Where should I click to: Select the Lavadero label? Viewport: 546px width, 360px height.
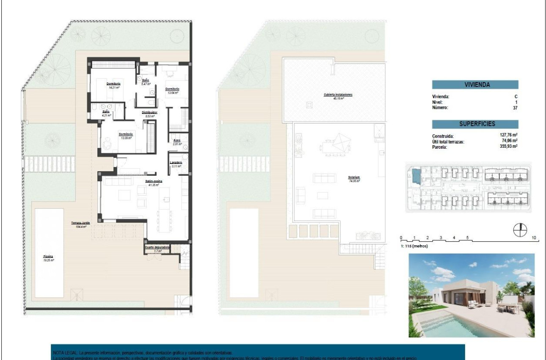tap(176, 163)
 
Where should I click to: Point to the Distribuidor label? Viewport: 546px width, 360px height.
tap(149, 112)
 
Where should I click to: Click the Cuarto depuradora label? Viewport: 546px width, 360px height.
tap(157, 247)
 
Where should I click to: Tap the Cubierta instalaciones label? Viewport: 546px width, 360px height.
tap(338, 94)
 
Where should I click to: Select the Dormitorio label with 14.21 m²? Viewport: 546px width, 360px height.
tap(114, 84)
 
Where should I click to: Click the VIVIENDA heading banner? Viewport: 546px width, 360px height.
tap(475, 85)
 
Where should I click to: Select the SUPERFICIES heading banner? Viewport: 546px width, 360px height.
tap(475, 124)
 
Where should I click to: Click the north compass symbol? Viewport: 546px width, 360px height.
tap(520, 230)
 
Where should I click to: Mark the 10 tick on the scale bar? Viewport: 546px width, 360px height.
tap(534, 238)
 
